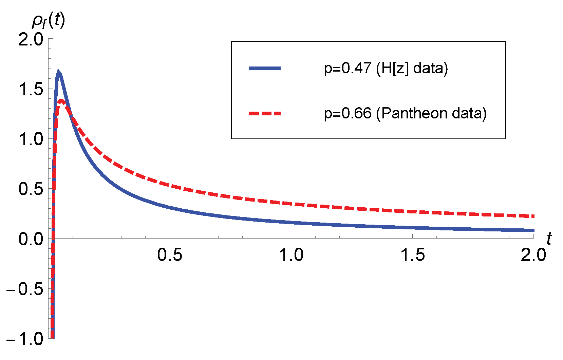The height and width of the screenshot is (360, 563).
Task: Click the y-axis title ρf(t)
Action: [x=48, y=21]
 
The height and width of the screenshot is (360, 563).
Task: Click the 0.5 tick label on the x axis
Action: [x=170, y=255]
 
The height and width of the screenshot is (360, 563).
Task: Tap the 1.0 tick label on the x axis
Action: [x=291, y=255]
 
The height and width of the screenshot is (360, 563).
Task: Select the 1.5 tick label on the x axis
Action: [x=412, y=255]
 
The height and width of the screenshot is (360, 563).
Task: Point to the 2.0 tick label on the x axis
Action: [x=533, y=255]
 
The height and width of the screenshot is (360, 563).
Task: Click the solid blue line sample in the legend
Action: [x=265, y=68]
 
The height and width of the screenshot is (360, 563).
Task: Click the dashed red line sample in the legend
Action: [x=265, y=113]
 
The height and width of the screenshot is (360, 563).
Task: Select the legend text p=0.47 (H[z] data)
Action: [x=386, y=68]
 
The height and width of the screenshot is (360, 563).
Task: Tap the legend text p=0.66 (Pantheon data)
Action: [x=405, y=113]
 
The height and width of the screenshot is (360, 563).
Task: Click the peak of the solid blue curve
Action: [x=58, y=71]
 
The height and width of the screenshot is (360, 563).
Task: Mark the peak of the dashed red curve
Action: [x=61, y=100]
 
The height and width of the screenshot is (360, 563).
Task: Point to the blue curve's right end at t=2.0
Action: [x=533, y=230]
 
